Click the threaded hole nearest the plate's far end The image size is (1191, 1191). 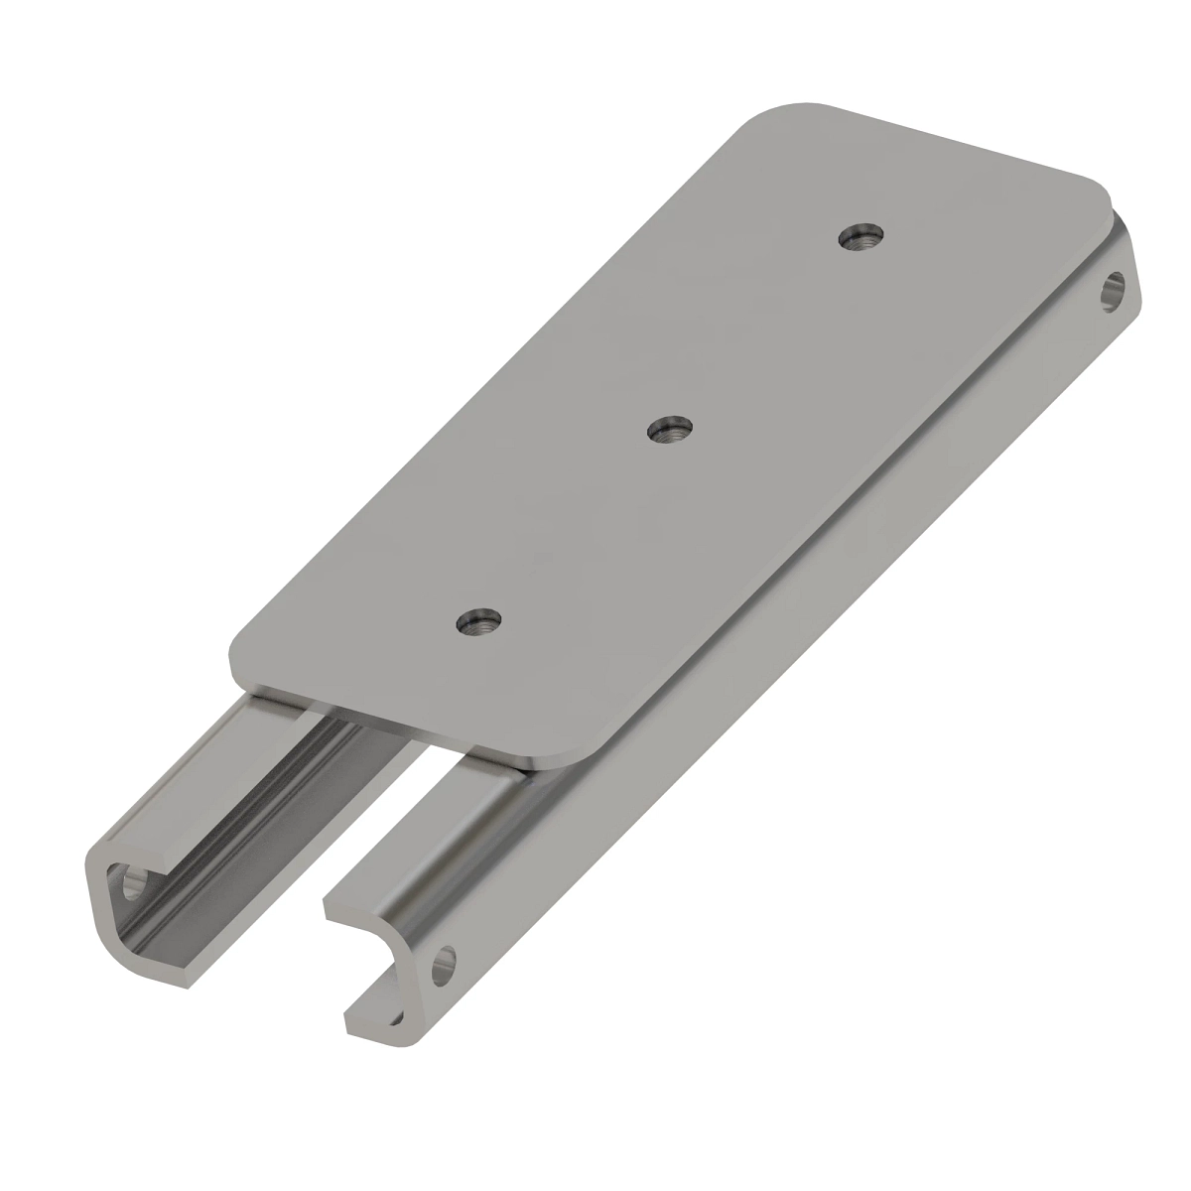[x=861, y=238]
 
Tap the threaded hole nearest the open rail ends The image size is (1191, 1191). [x=478, y=623]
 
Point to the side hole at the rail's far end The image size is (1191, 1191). [x=1114, y=293]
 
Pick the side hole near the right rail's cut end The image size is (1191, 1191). [x=447, y=961]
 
